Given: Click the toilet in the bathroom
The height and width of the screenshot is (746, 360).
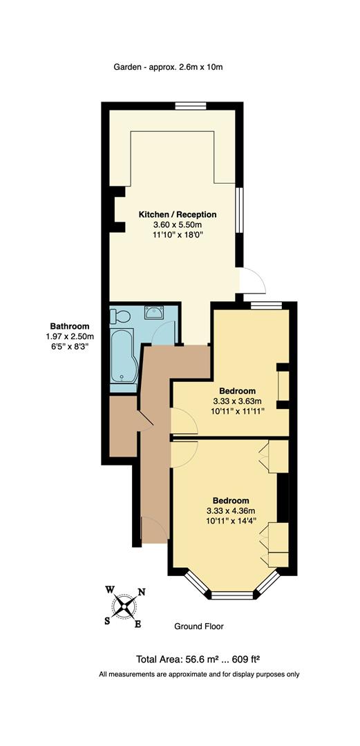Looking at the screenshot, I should pyautogui.click(x=122, y=317).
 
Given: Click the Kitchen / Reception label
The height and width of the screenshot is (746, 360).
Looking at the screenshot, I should pyautogui.click(x=178, y=214).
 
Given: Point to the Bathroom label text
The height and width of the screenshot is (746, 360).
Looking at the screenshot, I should pyautogui.click(x=69, y=326).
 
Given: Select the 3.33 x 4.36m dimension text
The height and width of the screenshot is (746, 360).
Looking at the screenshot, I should pyautogui.click(x=231, y=510).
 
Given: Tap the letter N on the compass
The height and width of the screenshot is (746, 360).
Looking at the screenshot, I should pyautogui.click(x=142, y=592).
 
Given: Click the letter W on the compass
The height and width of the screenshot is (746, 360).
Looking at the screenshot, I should pyautogui.click(x=109, y=589).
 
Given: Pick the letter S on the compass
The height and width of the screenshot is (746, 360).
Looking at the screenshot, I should pyautogui.click(x=106, y=620).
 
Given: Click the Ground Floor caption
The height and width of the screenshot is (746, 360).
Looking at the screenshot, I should pyautogui.click(x=199, y=627).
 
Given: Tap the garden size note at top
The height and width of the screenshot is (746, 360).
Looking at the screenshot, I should pyautogui.click(x=169, y=67).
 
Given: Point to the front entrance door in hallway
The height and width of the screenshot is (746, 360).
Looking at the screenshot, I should pyautogui.click(x=153, y=529).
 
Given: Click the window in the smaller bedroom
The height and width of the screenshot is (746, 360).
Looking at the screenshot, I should pyautogui.click(x=265, y=305).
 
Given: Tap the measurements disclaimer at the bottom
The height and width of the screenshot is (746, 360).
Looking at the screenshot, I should pyautogui.click(x=199, y=674).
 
